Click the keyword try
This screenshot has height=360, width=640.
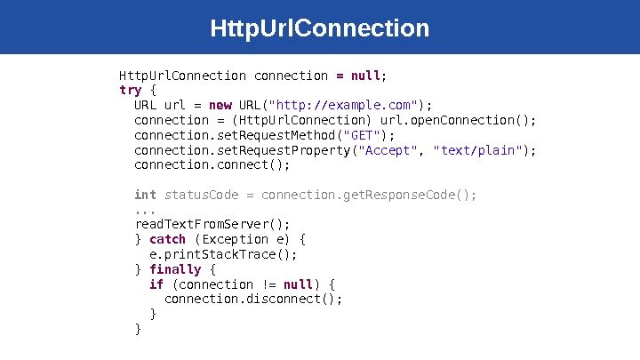click(x=130, y=90)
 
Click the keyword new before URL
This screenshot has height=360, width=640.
click(x=220, y=105)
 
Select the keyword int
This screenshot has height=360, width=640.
click(x=145, y=195)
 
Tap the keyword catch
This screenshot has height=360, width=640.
click(x=167, y=239)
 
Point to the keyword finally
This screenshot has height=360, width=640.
click(x=175, y=269)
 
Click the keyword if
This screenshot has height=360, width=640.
click(x=156, y=284)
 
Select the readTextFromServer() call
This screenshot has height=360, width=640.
click(x=212, y=224)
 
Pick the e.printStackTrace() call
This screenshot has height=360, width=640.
click(x=223, y=254)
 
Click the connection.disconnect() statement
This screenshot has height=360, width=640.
click(x=253, y=300)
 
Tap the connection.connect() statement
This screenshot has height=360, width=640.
click(x=212, y=164)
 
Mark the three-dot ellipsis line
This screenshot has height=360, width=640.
click(x=145, y=210)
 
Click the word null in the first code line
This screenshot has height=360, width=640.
click(x=365, y=76)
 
